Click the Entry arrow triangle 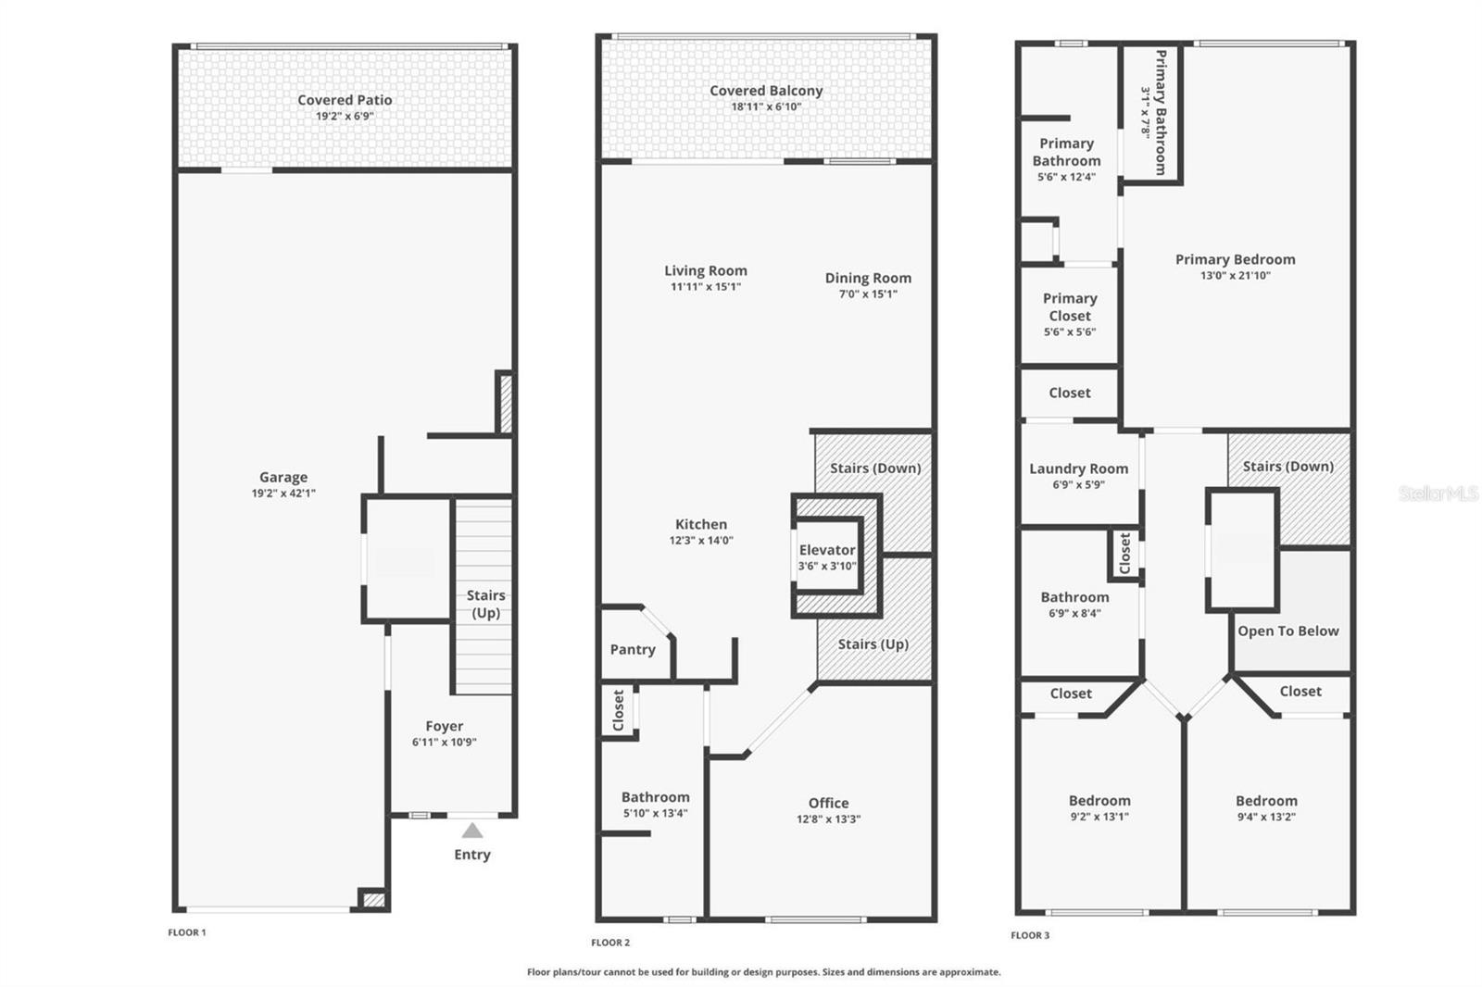click(472, 831)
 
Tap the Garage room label click(283, 478)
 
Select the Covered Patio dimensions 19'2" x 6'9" click(345, 117)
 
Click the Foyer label click(445, 726)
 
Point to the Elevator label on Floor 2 click(827, 550)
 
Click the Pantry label click(633, 650)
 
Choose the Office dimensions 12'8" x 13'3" click(828, 819)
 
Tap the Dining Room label click(868, 278)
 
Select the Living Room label click(706, 270)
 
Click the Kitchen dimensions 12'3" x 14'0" click(701, 541)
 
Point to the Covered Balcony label click(766, 91)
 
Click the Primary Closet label click(1070, 307)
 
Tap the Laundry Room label click(1079, 469)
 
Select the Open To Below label click(1288, 631)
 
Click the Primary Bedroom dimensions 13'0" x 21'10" click(1236, 276)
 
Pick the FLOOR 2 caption click(610, 943)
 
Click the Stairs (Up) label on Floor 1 click(485, 604)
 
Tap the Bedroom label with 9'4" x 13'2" click(1266, 801)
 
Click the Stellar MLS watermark click(1438, 493)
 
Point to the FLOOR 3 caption click(1030, 935)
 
